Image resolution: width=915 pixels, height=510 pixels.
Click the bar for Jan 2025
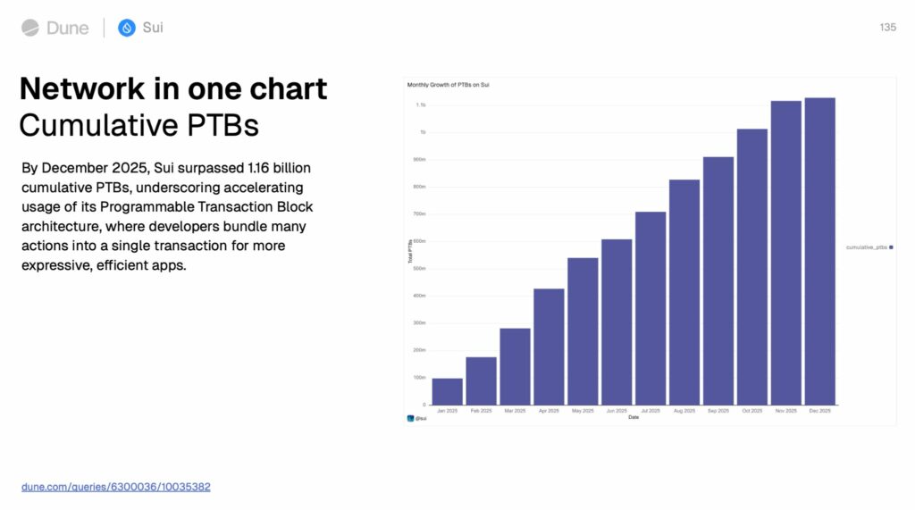447,391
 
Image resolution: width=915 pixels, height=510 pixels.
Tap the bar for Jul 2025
651,308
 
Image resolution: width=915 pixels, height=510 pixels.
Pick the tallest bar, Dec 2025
819,251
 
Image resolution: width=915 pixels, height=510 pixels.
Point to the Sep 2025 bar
718,280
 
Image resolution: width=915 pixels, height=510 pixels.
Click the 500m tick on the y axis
419,268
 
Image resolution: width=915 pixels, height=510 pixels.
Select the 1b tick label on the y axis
422,132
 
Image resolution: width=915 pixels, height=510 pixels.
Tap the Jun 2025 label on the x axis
617,411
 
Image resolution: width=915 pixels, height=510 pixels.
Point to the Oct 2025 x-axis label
751,411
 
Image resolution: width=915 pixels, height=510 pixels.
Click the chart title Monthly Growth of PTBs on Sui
448,85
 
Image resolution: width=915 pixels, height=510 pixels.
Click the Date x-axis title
634,417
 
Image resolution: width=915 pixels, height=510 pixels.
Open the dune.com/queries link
116,487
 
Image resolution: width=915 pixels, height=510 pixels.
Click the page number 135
887,28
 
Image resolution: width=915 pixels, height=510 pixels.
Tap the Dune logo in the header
55,28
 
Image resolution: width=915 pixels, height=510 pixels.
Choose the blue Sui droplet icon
127,28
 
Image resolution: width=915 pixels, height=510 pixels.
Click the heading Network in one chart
173,88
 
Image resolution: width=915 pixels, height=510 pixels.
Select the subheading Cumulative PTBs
139,125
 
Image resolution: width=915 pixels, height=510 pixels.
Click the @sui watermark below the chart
417,418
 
